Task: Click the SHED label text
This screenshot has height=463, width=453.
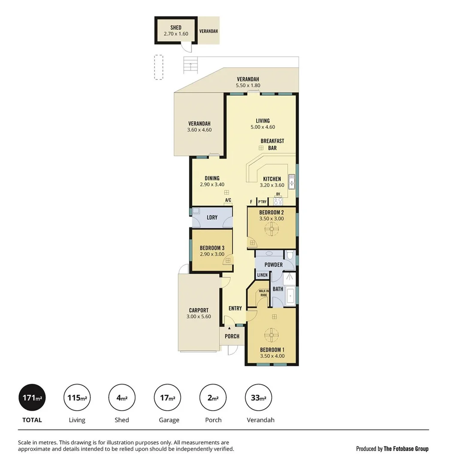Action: pos(175,27)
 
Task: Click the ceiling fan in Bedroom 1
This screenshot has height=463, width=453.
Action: pos(272,334)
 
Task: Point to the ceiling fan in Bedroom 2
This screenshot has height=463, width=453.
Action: pos(271,230)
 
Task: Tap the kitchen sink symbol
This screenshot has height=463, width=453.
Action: pos(292,182)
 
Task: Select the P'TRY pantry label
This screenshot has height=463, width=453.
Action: pos(262,201)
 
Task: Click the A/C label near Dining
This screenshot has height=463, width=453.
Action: pos(228,200)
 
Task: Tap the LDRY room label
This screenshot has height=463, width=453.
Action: pos(212,217)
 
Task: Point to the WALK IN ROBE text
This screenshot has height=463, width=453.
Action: pos(263,293)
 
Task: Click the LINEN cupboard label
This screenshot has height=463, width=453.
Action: pos(262,275)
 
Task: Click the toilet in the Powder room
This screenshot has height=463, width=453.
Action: pos(290,256)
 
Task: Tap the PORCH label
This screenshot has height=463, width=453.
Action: pos(232,336)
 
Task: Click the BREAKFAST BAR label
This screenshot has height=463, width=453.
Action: pos(272,144)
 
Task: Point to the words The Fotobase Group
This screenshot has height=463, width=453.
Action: pos(406,449)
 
